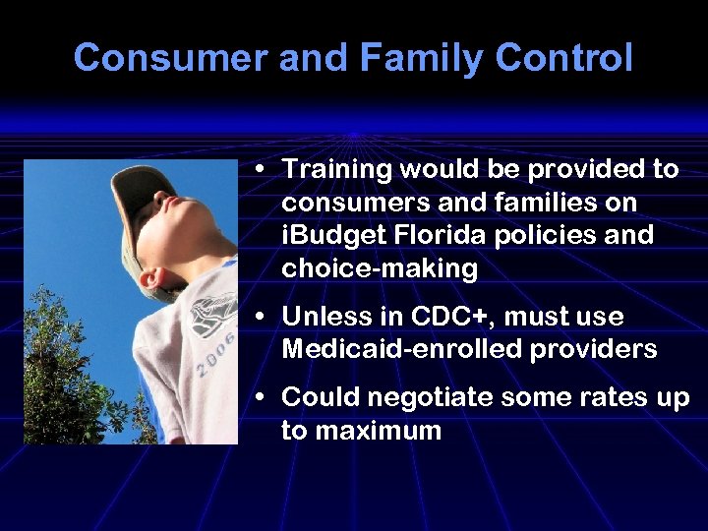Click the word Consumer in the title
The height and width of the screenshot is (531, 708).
(x=170, y=58)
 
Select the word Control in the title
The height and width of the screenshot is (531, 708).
(x=563, y=58)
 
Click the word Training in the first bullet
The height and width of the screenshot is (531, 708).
(x=336, y=169)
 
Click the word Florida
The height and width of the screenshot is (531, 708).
(x=439, y=236)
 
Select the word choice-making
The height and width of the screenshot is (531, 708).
(x=379, y=269)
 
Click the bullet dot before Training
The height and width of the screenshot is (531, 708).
(x=258, y=170)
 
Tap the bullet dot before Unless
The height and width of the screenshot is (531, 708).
(x=258, y=318)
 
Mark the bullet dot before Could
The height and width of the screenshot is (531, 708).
(x=258, y=398)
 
